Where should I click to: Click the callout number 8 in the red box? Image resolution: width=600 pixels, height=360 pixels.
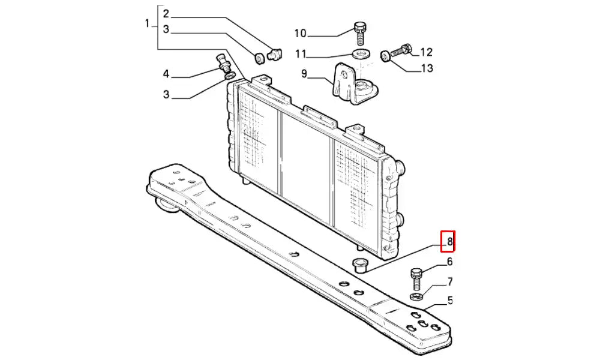(x=448, y=242)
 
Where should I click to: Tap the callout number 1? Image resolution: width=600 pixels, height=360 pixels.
(x=147, y=23)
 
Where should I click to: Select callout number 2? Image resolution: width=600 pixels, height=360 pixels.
(x=166, y=14)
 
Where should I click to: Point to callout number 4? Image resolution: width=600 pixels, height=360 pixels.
(x=166, y=74)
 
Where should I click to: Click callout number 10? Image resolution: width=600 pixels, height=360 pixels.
(x=300, y=33)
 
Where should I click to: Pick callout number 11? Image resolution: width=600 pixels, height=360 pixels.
(x=300, y=54)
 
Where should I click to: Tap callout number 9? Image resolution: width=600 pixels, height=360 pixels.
(x=304, y=74)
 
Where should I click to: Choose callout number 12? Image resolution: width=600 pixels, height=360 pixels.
(x=427, y=52)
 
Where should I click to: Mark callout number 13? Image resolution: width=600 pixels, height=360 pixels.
(x=427, y=68)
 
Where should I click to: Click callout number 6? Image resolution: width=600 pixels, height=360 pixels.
(x=449, y=262)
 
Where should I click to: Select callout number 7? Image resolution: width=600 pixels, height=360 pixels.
(x=449, y=281)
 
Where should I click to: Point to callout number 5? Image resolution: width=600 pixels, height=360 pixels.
(x=449, y=301)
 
